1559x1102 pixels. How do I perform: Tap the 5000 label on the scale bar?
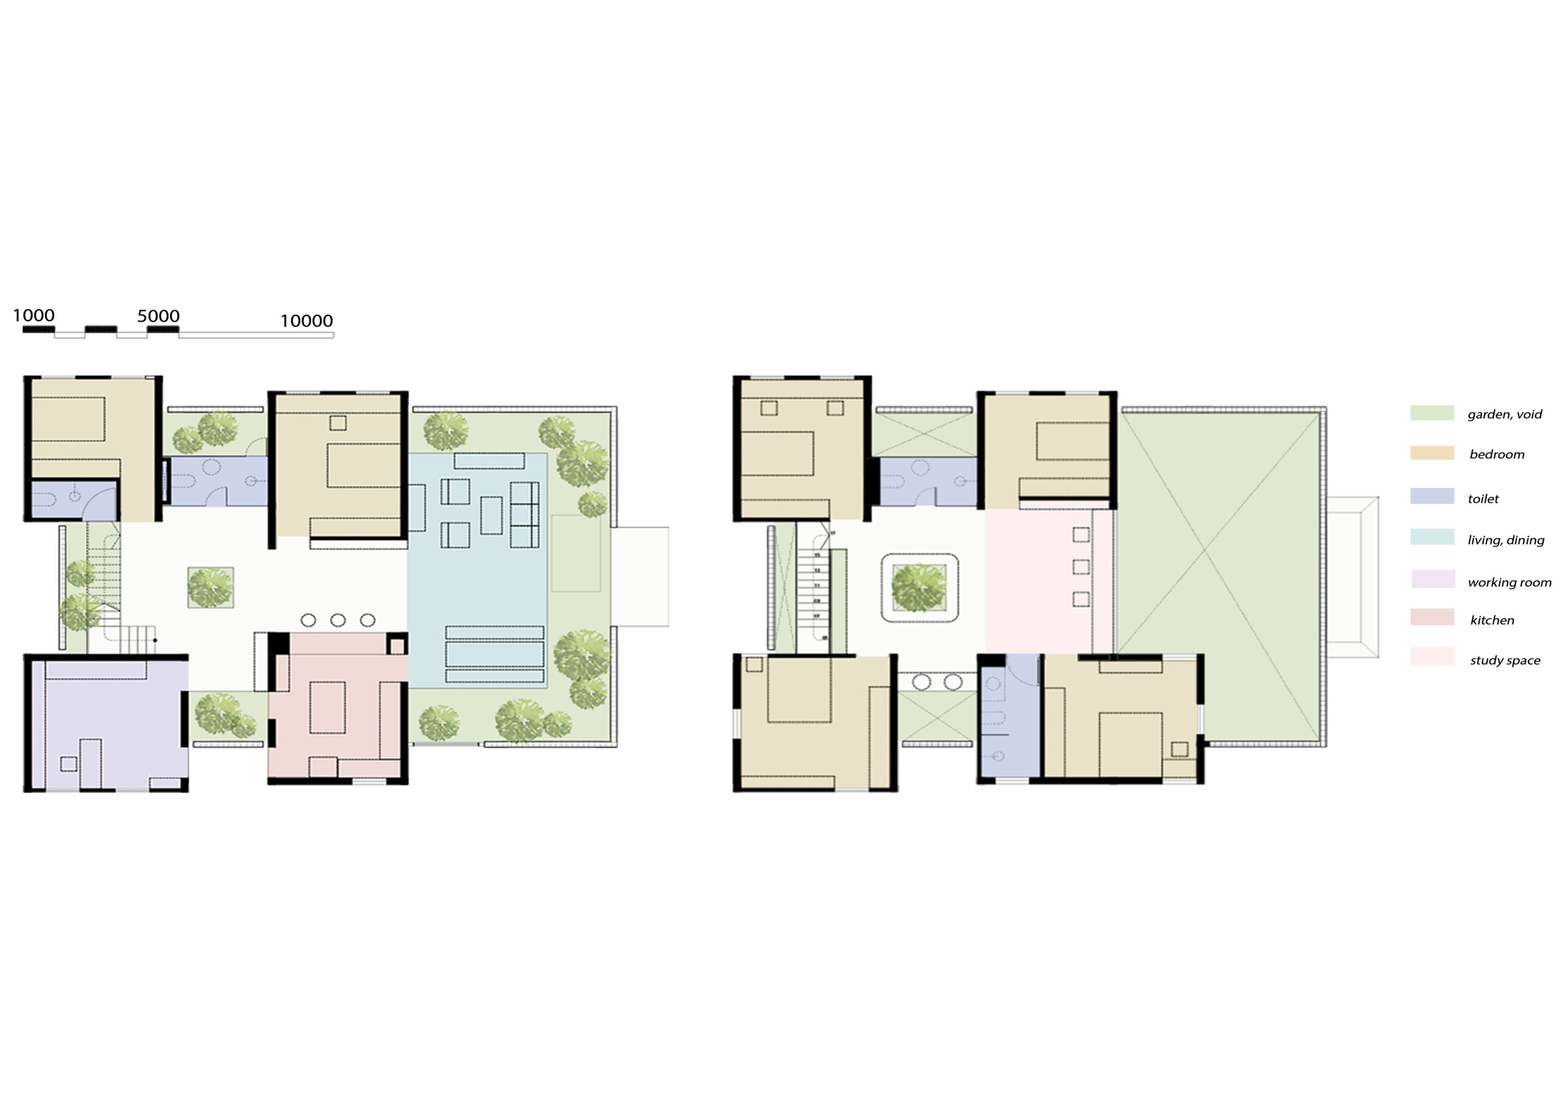tap(158, 316)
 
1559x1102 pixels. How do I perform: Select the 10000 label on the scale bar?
tap(306, 320)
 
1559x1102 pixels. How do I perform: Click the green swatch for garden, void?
tap(1431, 413)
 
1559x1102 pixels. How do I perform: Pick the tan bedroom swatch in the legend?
tap(1431, 453)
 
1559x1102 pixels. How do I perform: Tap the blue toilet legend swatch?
tap(1431, 496)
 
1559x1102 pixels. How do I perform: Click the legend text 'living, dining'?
tap(1505, 540)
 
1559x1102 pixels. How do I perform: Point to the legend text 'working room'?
tap(1508, 582)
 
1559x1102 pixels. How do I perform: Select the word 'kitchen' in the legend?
tap(1491, 620)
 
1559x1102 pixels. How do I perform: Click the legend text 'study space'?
tap(1505, 660)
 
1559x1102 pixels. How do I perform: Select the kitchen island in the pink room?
tap(327, 707)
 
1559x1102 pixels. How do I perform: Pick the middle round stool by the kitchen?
tap(337, 620)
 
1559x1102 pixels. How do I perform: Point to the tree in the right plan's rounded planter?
tap(919, 588)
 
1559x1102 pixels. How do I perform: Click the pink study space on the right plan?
tap(1039, 581)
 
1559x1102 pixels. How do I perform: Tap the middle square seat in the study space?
tap(1081, 567)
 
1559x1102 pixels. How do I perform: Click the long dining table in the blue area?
tap(494, 654)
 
